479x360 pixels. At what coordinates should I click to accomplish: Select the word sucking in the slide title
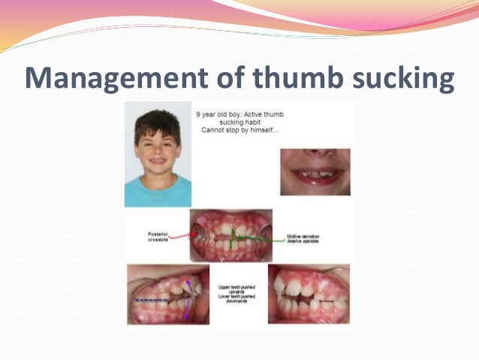399,78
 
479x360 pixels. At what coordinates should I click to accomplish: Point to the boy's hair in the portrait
158,120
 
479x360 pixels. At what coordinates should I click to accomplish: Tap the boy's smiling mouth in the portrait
158,161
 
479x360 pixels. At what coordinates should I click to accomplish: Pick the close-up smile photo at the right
315,171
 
